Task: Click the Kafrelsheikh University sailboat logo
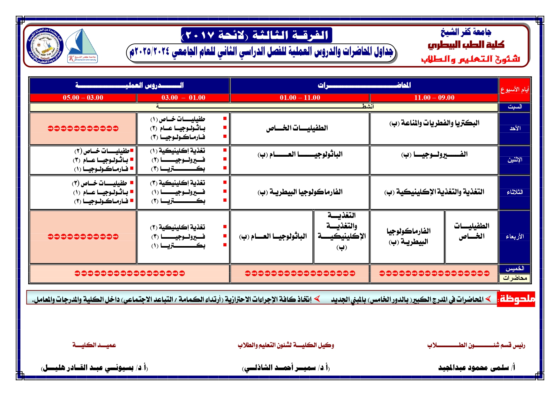point(82,46)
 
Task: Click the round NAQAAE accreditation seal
point(45,46)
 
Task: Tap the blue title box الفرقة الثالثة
point(257,35)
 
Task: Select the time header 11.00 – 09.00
point(434,98)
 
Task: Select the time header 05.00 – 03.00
point(83,98)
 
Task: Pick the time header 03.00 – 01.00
point(183,98)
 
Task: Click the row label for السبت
point(515,107)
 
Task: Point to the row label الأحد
point(515,128)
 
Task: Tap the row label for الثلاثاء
point(515,192)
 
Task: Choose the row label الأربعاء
point(515,236)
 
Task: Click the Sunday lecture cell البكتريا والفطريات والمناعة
point(434,123)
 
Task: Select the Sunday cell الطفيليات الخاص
point(297,128)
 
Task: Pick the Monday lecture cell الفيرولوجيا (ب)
point(434,155)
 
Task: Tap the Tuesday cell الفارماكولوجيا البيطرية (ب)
point(300,192)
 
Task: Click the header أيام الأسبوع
point(515,90)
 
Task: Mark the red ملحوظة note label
point(516,299)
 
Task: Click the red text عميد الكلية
point(94,345)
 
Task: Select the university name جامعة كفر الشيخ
point(466,32)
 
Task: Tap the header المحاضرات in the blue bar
point(364,85)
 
